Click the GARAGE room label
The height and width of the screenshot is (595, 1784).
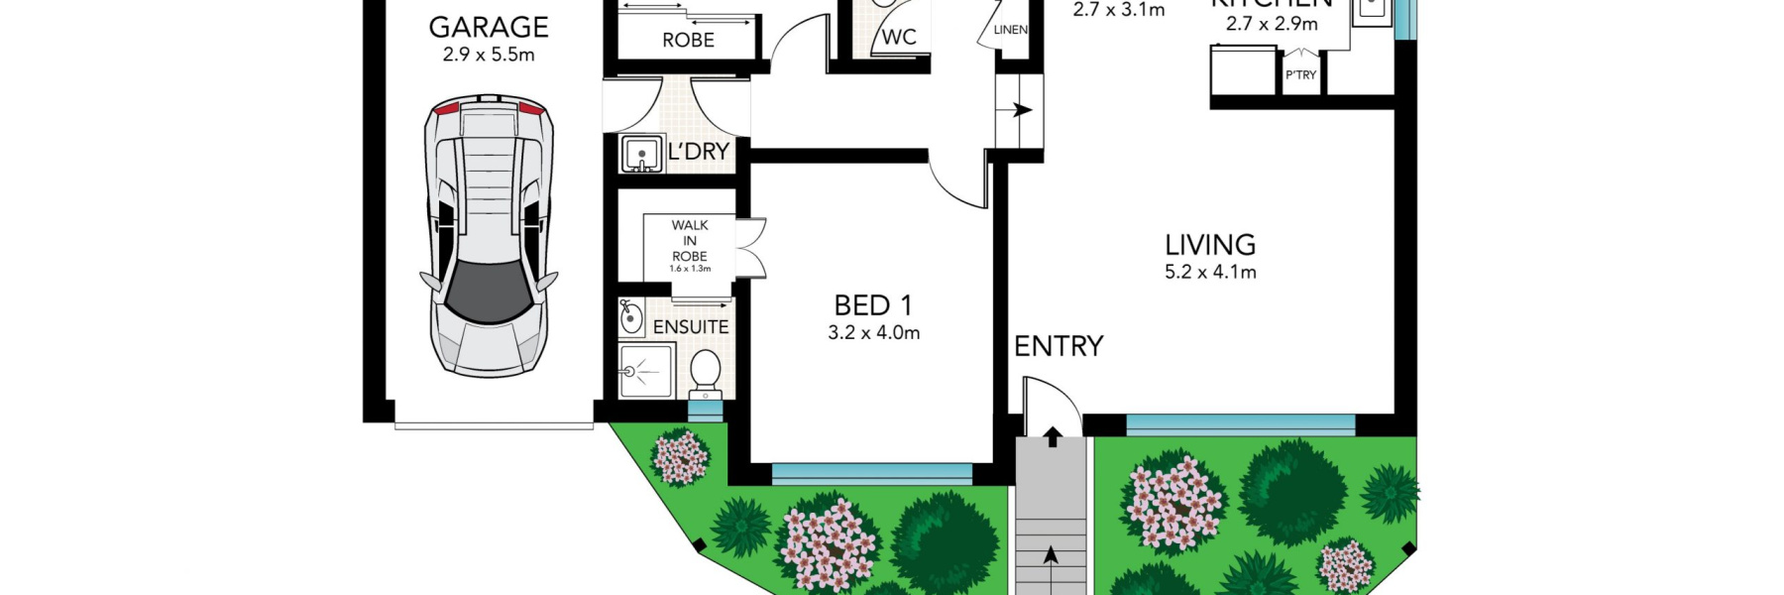click(x=489, y=27)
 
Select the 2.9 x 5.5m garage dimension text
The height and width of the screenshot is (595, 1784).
click(x=489, y=55)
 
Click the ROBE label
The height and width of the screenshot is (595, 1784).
click(x=688, y=40)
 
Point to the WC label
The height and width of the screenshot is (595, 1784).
click(x=899, y=38)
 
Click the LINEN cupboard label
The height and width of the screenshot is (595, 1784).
click(x=1010, y=30)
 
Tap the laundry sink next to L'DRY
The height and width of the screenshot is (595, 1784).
click(x=641, y=155)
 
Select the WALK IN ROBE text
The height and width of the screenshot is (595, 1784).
click(x=690, y=241)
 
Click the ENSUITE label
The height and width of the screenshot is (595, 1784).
click(x=691, y=326)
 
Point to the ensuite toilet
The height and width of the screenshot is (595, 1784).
click(x=705, y=372)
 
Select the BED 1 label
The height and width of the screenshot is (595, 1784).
click(x=873, y=305)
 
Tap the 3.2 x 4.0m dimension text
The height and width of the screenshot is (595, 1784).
click(x=873, y=333)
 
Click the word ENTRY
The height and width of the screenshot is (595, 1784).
click(x=1059, y=346)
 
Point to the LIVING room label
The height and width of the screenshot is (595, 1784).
click(x=1210, y=244)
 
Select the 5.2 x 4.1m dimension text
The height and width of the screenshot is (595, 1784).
click(x=1210, y=272)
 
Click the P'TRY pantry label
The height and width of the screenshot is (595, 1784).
click(x=1300, y=75)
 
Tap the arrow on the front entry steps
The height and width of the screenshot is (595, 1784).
click(x=1051, y=554)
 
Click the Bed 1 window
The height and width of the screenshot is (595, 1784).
click(x=871, y=473)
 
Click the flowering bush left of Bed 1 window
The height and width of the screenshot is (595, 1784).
click(x=681, y=457)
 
